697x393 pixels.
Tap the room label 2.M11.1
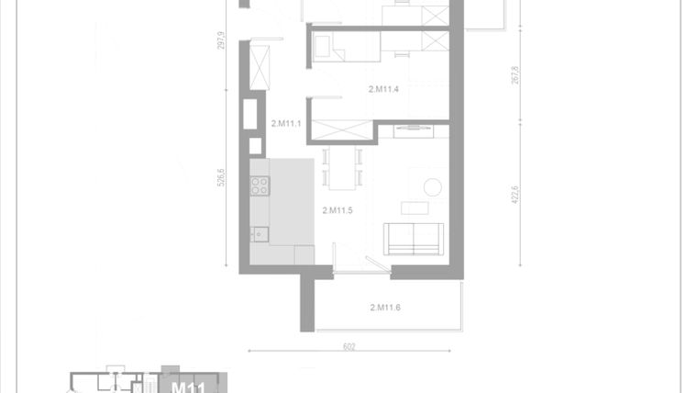click(x=286, y=123)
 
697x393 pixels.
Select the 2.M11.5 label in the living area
click(x=337, y=210)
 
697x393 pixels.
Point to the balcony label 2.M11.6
click(x=385, y=307)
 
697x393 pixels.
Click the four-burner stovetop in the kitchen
click(x=260, y=186)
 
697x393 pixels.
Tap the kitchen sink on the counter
click(x=259, y=233)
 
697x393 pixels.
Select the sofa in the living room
click(x=414, y=239)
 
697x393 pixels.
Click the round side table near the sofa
click(x=433, y=187)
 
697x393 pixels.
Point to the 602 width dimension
click(x=348, y=346)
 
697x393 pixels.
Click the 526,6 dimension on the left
click(x=220, y=175)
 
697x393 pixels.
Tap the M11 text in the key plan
click(x=187, y=387)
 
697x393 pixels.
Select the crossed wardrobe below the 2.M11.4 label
click(x=342, y=130)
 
